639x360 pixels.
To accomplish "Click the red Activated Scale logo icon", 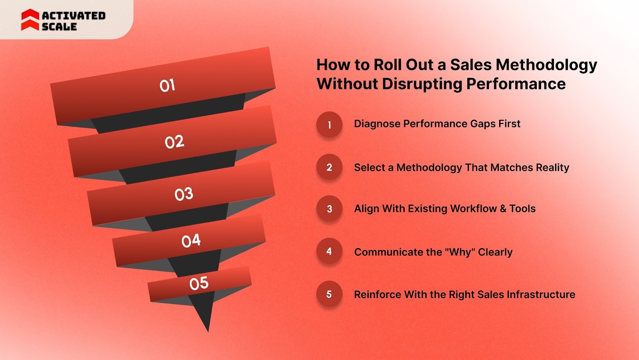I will pyautogui.click(x=30, y=20).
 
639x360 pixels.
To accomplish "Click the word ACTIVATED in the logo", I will pyautogui.click(x=73, y=16).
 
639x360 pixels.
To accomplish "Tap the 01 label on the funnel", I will pyautogui.click(x=167, y=85).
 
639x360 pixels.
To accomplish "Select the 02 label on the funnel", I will pyautogui.click(x=175, y=142).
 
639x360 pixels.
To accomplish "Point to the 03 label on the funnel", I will pyautogui.click(x=184, y=194).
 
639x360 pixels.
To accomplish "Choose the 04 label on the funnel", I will pyautogui.click(x=191, y=241).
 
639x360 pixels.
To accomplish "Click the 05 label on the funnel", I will pyautogui.click(x=199, y=283).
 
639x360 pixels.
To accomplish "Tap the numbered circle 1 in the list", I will pyautogui.click(x=329, y=125).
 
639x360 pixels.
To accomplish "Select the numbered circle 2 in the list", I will pyautogui.click(x=329, y=167).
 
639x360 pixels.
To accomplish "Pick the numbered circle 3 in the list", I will pyautogui.click(x=329, y=209).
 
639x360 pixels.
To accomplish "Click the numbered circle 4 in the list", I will pyautogui.click(x=329, y=251).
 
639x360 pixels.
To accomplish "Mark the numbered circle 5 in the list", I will pyautogui.click(x=329, y=294).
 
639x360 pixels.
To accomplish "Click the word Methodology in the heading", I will pyautogui.click(x=546, y=65).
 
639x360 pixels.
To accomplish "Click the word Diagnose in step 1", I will pyautogui.click(x=377, y=124).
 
